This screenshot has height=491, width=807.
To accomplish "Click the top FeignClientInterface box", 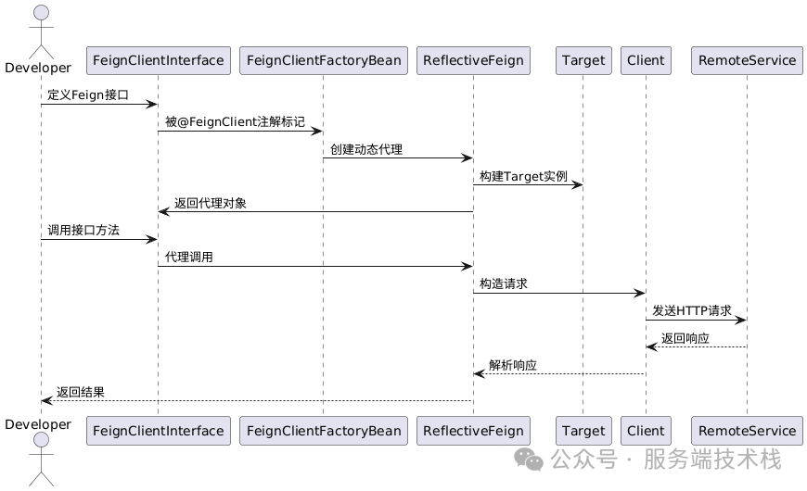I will click(x=158, y=60).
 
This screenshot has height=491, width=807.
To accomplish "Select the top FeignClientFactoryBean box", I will click(x=323, y=60).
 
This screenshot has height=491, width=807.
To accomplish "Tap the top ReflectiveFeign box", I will click(x=473, y=60).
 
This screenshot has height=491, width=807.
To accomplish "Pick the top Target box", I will click(x=583, y=60).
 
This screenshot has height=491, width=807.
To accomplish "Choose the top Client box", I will click(x=646, y=60).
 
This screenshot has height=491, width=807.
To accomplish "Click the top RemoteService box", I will click(x=747, y=60).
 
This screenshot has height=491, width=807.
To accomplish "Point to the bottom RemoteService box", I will click(x=747, y=430).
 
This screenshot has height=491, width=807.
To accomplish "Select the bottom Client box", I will click(x=646, y=430).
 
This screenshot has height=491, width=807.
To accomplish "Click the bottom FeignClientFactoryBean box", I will click(x=323, y=430).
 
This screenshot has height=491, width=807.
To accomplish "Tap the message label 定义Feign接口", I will click(x=88, y=94).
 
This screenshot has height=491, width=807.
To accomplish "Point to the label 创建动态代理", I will click(x=366, y=148).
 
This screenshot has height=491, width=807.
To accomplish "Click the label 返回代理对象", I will click(x=211, y=203).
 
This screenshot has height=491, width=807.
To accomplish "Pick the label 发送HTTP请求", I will click(x=691, y=310).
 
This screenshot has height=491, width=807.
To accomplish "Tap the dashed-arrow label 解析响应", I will click(x=513, y=365).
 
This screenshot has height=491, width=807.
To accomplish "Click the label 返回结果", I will click(x=80, y=392).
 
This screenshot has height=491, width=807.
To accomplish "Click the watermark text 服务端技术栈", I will click(x=712, y=460).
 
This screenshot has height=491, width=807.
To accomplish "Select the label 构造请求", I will click(x=504, y=283).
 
